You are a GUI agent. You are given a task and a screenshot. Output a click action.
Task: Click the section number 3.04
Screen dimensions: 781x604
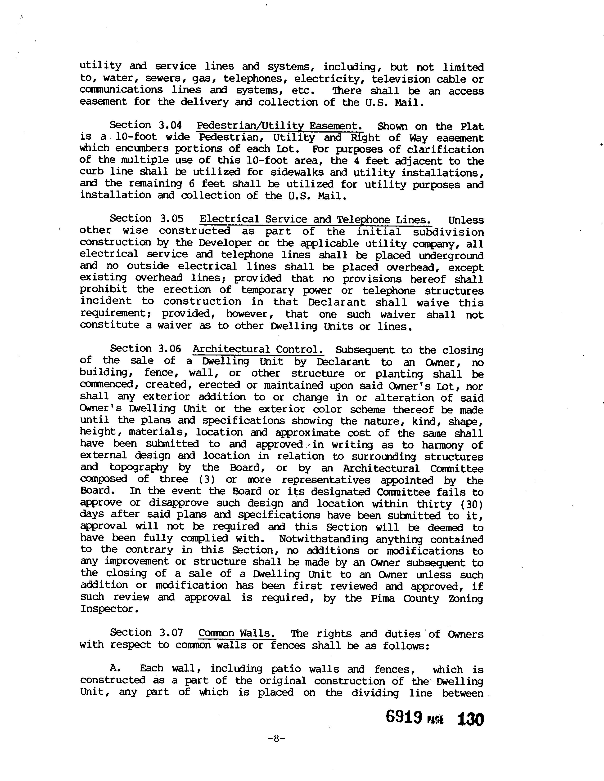(170, 125)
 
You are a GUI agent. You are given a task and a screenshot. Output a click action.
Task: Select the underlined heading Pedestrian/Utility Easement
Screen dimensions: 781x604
(279, 126)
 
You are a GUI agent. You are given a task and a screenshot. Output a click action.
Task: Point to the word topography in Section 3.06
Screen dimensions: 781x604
(139, 468)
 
